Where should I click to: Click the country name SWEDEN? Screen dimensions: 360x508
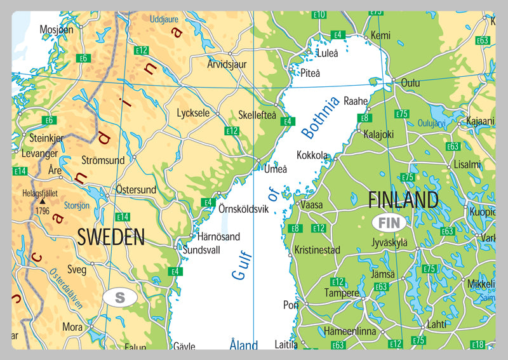coord(111,237)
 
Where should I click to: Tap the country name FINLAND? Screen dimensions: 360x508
coord(403,200)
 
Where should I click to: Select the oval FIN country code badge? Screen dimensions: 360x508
coord(389,223)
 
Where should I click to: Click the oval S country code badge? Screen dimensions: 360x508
coord(121,297)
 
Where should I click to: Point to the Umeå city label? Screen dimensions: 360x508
coord(276,169)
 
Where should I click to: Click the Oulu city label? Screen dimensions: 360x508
coord(410,83)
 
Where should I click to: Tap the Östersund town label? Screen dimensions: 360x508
coord(136,189)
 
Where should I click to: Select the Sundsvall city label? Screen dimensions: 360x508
coord(201,250)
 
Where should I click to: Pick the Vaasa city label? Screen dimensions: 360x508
coord(311,205)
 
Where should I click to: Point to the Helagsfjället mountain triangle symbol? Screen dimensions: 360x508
coord(43,201)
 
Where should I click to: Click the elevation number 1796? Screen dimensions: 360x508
coord(43,211)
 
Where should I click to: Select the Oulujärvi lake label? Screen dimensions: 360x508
coord(433,124)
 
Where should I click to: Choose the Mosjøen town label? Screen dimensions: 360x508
coord(57,29)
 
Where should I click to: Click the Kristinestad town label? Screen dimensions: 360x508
coord(317,250)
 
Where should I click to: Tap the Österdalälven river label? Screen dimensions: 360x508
coord(65,288)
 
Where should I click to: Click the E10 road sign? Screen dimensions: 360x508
coord(319,15)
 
